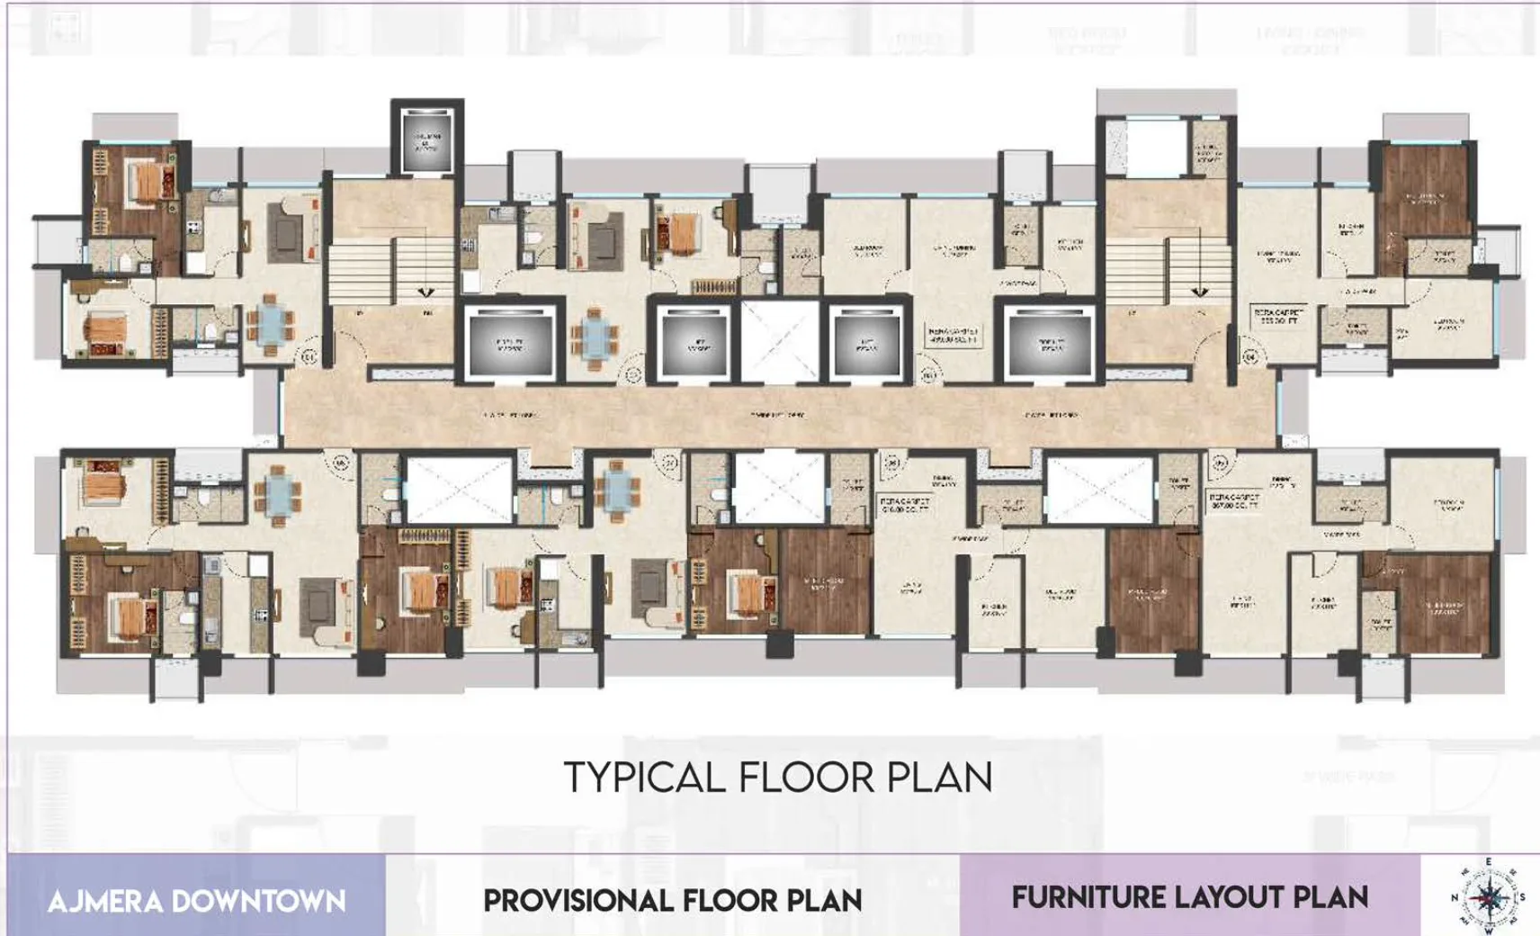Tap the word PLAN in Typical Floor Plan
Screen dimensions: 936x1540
click(x=940, y=778)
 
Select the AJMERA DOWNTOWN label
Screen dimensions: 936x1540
click(x=196, y=901)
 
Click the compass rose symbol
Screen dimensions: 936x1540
click(x=1487, y=896)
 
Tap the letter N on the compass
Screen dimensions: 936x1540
click(x=1455, y=897)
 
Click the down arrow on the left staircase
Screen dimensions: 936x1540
click(x=425, y=292)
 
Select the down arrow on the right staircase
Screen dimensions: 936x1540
click(x=1200, y=292)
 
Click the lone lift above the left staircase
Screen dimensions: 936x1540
click(x=427, y=140)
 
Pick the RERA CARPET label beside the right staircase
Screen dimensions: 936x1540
click(x=1278, y=315)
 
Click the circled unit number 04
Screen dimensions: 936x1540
click(x=1250, y=357)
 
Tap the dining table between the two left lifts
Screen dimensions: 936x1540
click(x=594, y=338)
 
